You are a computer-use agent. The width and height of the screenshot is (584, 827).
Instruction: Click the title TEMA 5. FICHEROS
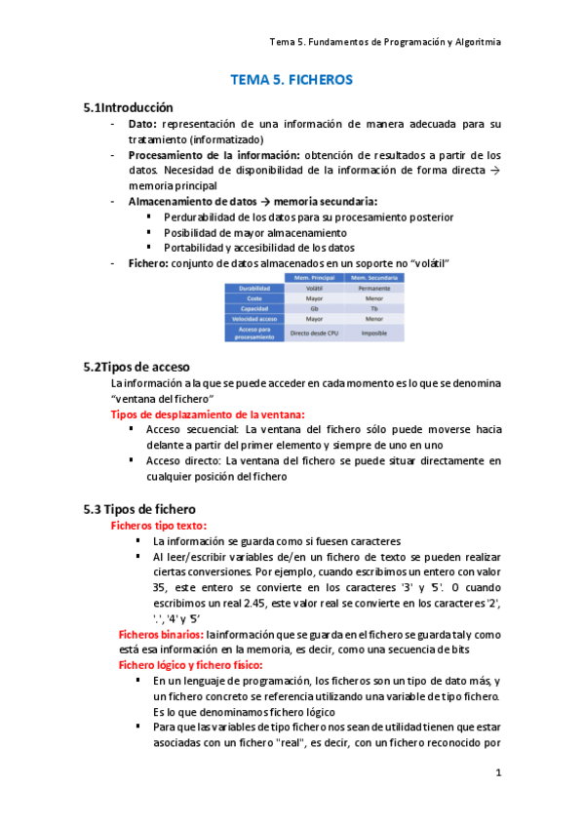point(292,80)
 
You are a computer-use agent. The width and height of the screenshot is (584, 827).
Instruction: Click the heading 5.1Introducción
point(129,107)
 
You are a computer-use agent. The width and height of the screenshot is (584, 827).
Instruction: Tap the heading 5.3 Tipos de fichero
point(140,509)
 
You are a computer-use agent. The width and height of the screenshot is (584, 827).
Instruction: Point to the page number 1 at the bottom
point(497,774)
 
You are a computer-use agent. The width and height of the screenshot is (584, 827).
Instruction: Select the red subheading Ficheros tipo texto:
point(159,526)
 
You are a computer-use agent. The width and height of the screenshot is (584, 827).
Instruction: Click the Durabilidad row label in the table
point(253,289)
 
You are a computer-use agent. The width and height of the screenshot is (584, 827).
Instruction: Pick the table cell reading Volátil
point(315,289)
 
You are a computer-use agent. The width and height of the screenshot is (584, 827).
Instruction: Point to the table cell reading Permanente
point(373,289)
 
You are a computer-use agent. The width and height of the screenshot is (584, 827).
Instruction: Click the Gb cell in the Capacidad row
point(315,308)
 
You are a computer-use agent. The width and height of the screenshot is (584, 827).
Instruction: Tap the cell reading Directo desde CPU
point(315,333)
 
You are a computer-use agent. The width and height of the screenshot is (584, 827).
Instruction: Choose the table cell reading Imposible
point(373,333)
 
